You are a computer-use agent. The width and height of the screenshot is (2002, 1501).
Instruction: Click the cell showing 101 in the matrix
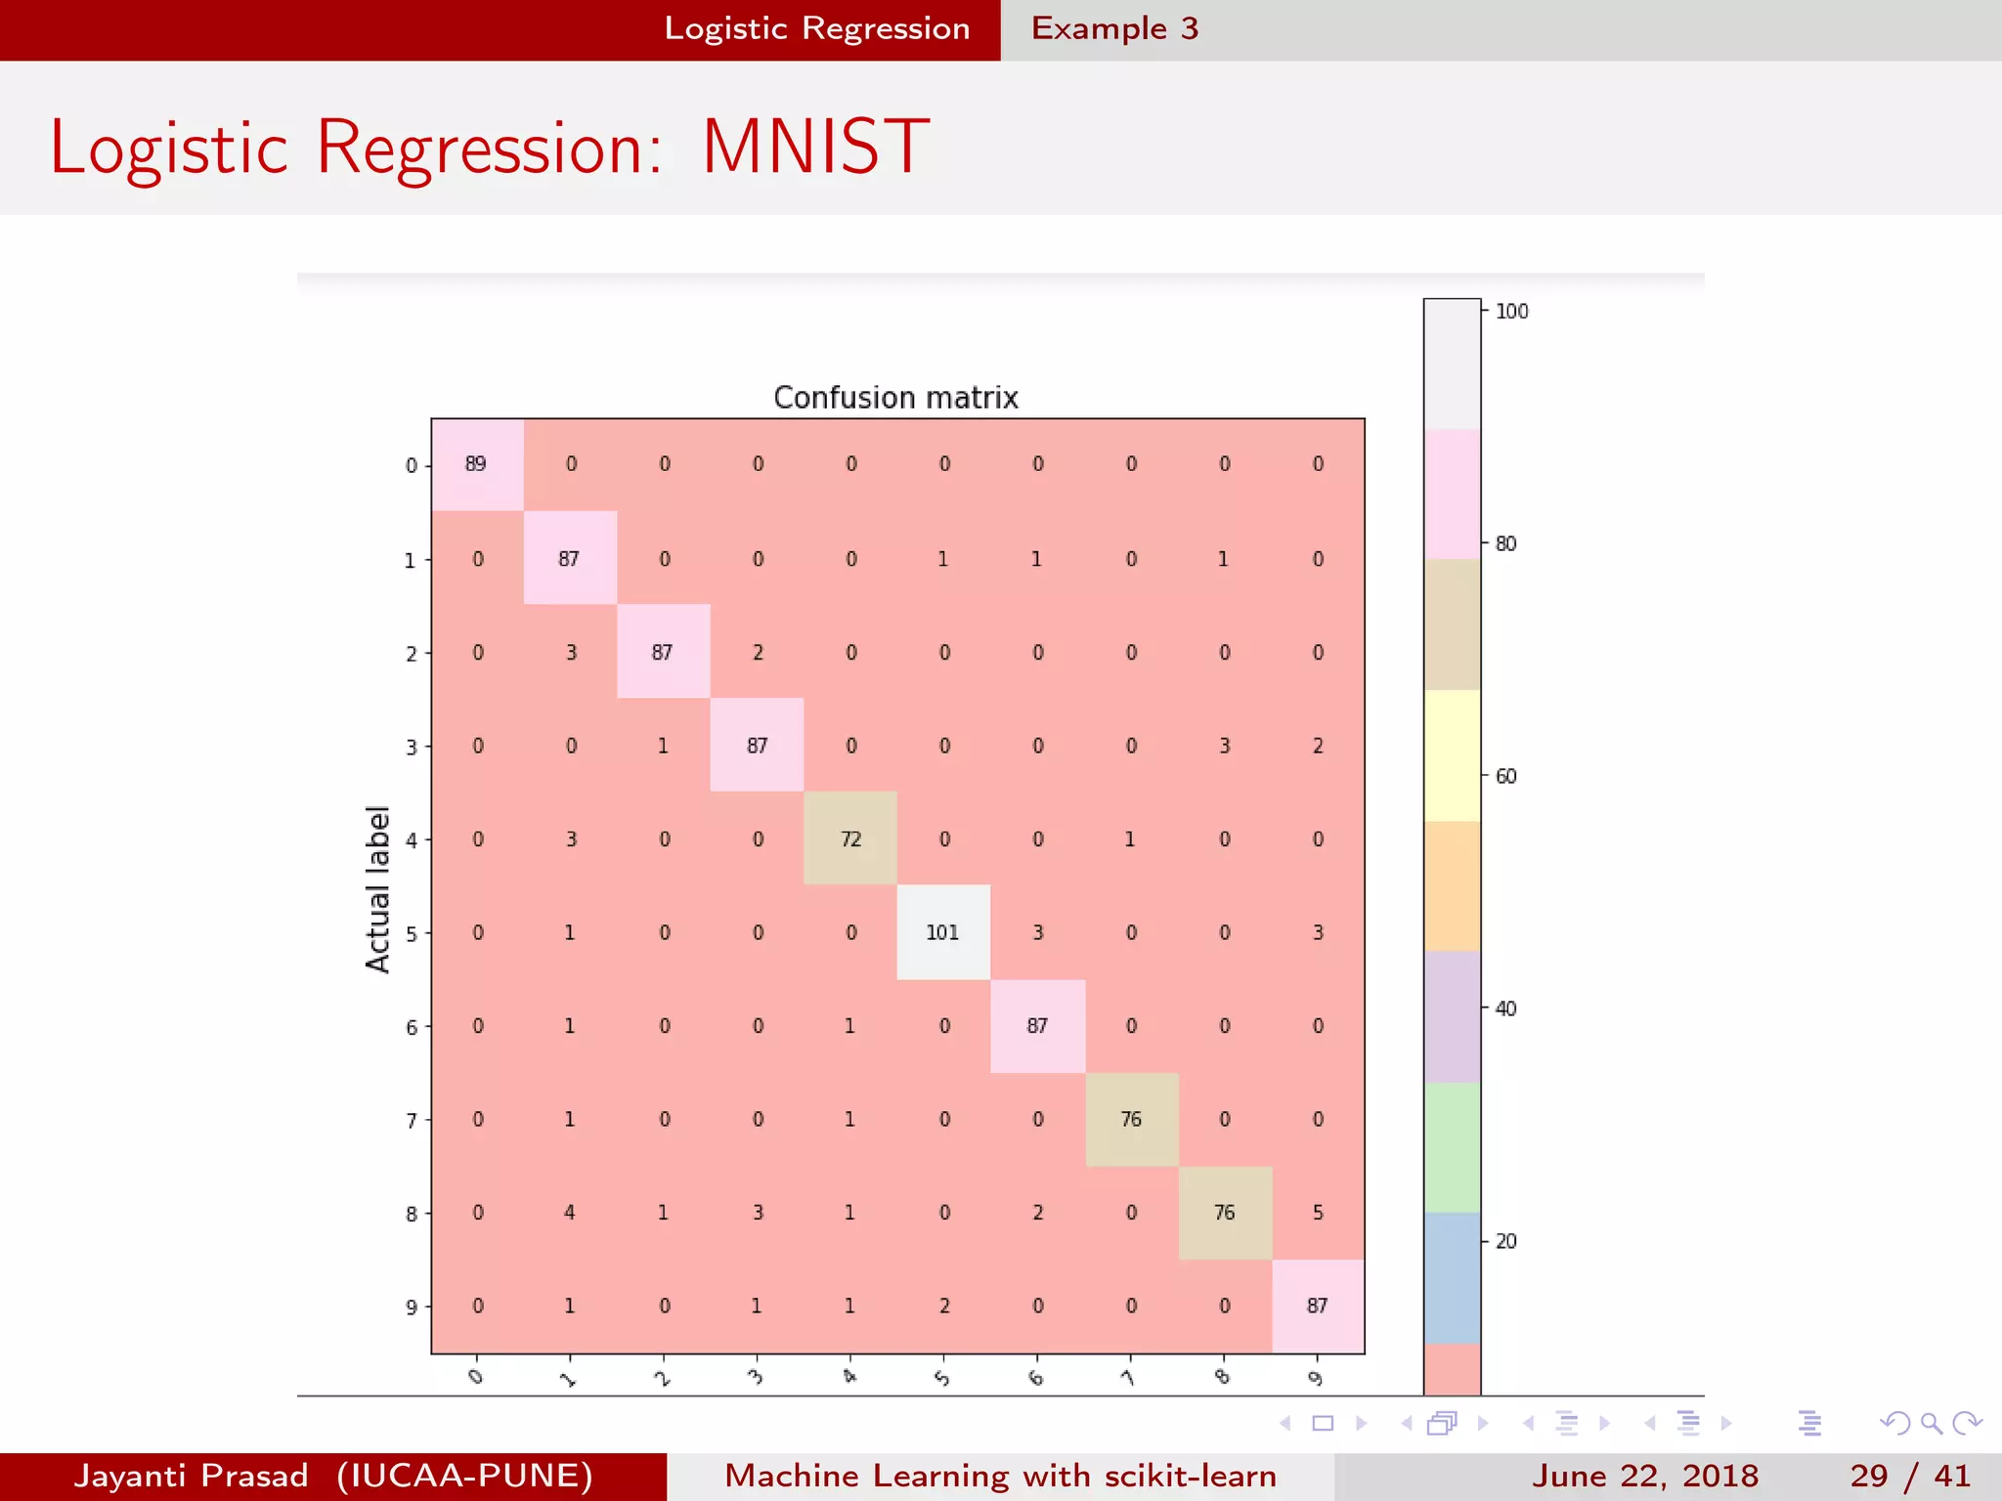[x=943, y=932]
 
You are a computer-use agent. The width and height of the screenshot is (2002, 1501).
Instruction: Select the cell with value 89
[x=476, y=464]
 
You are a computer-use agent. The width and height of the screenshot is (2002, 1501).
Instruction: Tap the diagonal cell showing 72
[x=850, y=838]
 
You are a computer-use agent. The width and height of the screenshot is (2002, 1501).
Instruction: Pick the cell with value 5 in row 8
[x=1318, y=1213]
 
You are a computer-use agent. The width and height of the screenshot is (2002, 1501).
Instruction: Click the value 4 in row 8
[x=570, y=1213]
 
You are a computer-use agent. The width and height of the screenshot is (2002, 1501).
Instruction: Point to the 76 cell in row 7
[x=1131, y=1119]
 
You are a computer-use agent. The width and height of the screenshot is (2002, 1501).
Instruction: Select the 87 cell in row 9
[x=1318, y=1306]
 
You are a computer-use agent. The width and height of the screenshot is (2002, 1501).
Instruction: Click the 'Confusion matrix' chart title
[x=895, y=398]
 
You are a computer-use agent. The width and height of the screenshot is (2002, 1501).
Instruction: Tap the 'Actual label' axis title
[x=377, y=889]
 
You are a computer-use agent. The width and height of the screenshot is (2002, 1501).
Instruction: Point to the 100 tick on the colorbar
[x=1511, y=312]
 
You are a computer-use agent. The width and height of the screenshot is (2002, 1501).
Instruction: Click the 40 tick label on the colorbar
[x=1505, y=1008]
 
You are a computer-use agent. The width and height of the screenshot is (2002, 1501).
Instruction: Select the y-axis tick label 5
[x=412, y=934]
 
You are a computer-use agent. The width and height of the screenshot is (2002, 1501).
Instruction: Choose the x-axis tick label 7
[x=1129, y=1378]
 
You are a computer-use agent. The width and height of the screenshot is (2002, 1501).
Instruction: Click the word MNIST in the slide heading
[x=815, y=148]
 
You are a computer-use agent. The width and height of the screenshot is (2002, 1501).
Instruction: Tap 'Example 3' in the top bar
[x=1114, y=28]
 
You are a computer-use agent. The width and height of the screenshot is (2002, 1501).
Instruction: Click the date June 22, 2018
[x=1644, y=1476]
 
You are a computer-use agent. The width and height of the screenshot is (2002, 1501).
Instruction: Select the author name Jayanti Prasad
[x=191, y=1476]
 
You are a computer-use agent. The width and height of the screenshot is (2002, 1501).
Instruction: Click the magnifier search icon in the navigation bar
[x=1931, y=1423]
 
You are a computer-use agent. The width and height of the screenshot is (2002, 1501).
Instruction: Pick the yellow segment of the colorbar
[x=1452, y=755]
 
